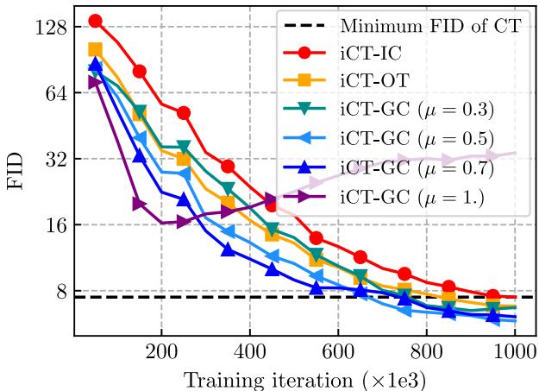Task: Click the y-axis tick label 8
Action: [x=60, y=292]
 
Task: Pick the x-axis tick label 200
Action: [x=161, y=352]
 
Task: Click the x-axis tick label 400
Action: [x=249, y=352]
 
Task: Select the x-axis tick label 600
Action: [x=337, y=352]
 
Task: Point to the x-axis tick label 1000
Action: [x=513, y=352]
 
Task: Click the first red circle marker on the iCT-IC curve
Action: [x=95, y=21]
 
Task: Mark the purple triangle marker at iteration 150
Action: [x=139, y=204]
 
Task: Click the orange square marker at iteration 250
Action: [x=183, y=159]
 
